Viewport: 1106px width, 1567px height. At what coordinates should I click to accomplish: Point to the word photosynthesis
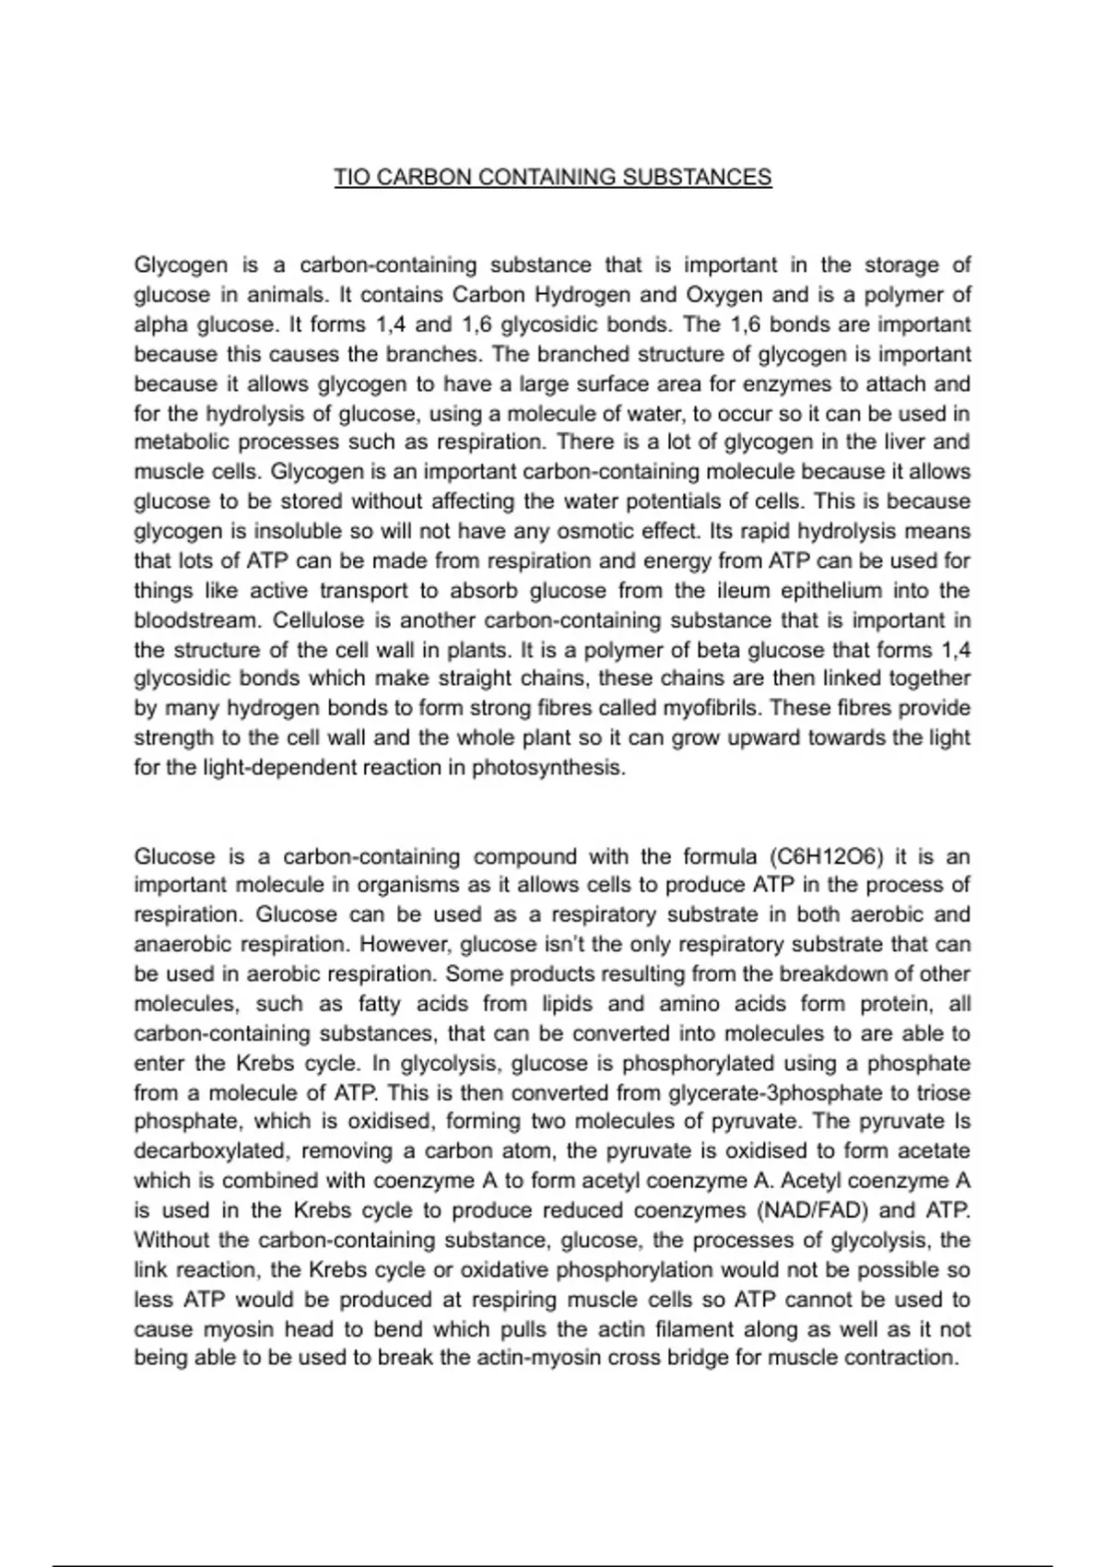tap(547, 767)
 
